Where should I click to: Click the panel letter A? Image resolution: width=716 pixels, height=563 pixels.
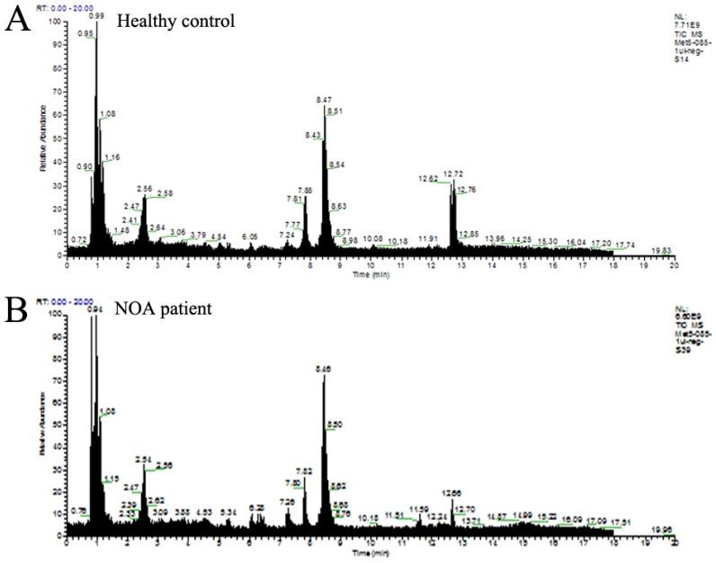[15, 19]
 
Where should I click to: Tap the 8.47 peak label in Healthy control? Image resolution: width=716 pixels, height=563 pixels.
[325, 99]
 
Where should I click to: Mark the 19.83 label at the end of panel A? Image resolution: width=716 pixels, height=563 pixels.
[662, 250]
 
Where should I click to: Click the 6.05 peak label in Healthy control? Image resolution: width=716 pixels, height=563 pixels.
[249, 237]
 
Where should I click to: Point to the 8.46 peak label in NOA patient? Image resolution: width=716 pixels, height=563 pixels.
[325, 369]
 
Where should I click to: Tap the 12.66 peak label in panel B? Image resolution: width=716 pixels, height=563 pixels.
[453, 492]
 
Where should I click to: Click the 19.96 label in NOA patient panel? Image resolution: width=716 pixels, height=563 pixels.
[662, 530]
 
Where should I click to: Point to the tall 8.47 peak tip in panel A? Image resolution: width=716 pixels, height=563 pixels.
[324, 106]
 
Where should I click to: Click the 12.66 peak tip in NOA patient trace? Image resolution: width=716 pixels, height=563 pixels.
[452, 500]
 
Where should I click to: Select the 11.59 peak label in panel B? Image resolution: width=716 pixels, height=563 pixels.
[418, 509]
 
